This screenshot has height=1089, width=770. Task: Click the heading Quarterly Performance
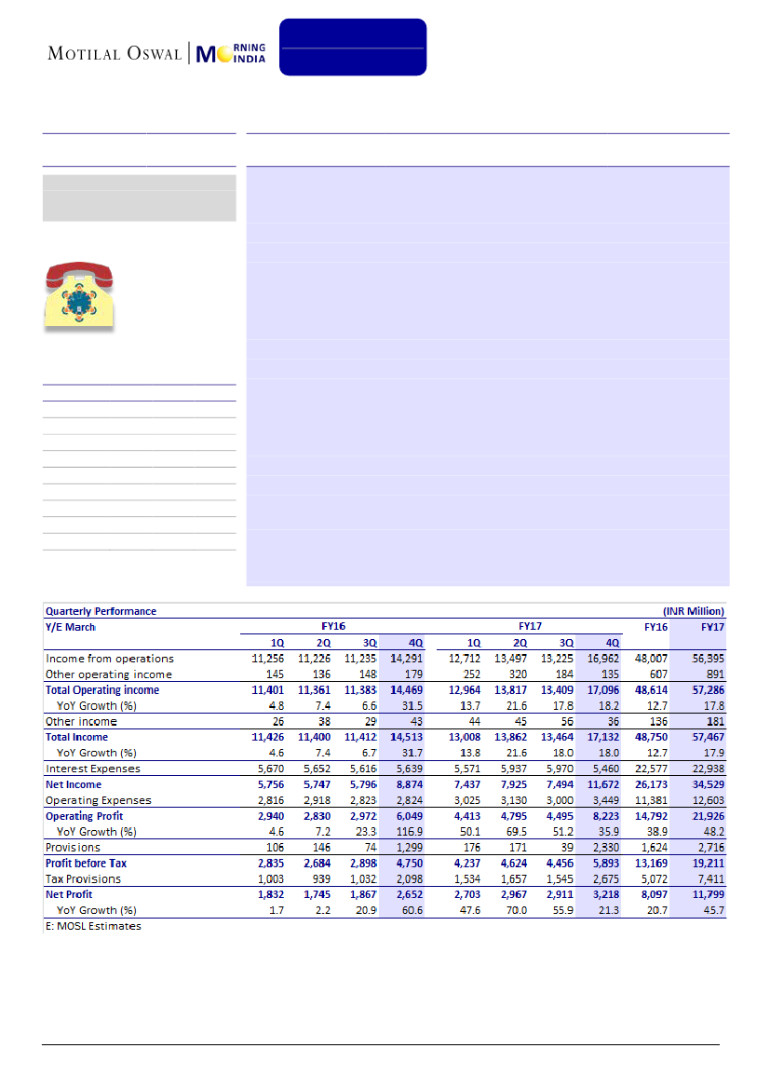coord(101,611)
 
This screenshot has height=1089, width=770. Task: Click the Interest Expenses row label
coord(93,769)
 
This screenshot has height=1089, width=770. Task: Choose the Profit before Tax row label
coord(87,863)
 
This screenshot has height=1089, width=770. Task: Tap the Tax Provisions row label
coord(83,878)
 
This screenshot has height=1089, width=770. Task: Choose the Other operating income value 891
coord(711,674)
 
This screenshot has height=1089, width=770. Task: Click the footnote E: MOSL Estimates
coord(93,926)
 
